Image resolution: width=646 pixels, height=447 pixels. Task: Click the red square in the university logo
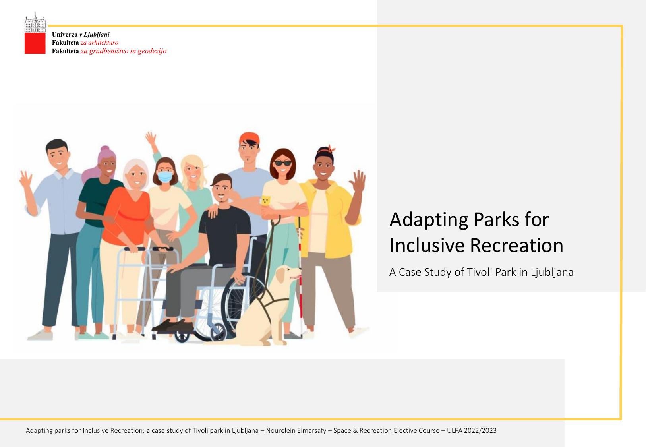(35, 43)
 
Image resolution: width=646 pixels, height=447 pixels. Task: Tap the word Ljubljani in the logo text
(96, 35)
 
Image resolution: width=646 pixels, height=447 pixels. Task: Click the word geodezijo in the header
(152, 51)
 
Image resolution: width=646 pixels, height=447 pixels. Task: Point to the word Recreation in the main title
(516, 246)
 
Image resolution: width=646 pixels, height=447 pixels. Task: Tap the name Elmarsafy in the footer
(313, 431)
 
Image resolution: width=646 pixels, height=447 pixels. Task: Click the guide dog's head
(287, 275)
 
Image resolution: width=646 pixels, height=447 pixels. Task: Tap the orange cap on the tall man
(249, 138)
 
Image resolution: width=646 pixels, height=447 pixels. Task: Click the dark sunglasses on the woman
(282, 163)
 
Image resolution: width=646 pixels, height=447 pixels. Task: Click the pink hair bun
(104, 149)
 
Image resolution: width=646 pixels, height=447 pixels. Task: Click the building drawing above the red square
(35, 22)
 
